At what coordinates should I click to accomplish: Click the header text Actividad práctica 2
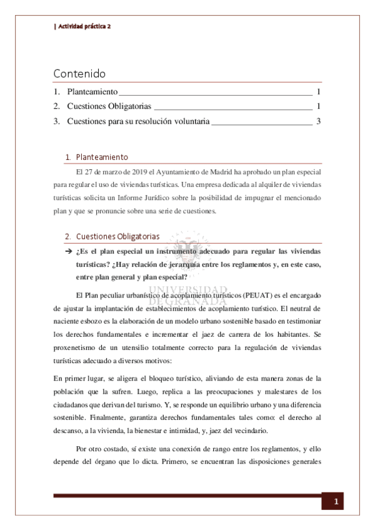[84, 27]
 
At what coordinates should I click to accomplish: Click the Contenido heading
[79, 74]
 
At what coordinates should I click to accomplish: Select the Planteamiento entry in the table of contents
[92, 92]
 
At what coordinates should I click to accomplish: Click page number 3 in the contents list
[318, 121]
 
